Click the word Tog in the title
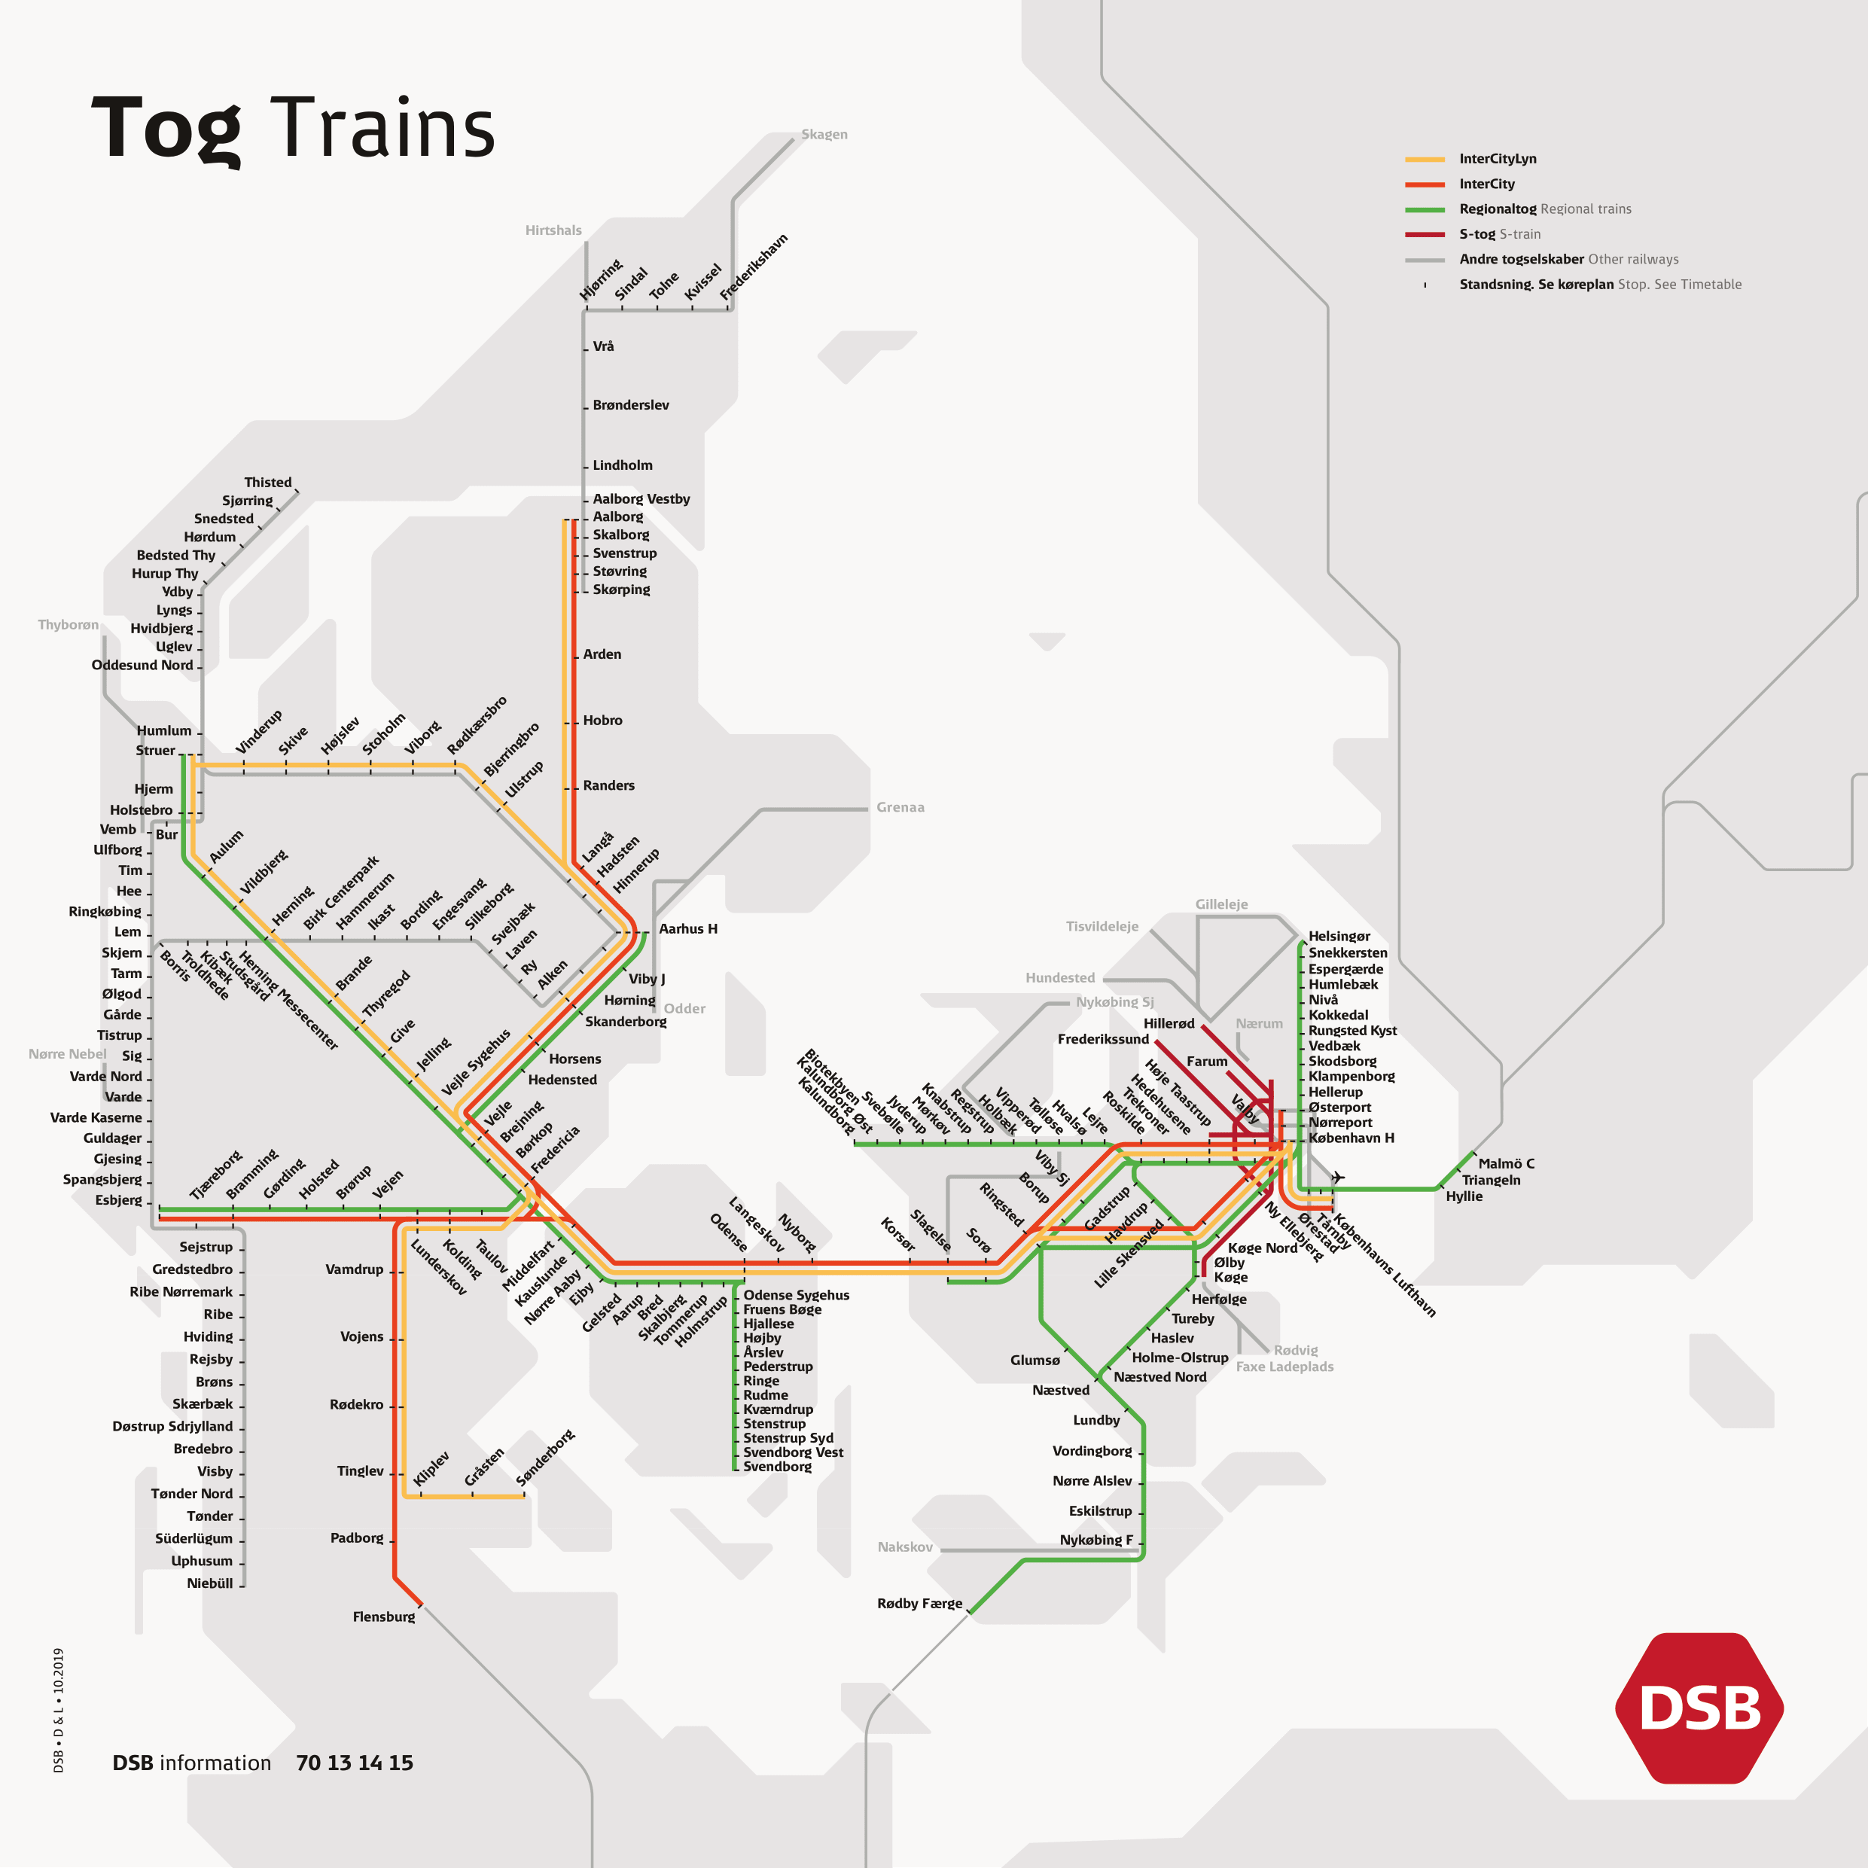[x=166, y=129]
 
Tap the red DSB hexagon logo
[x=1699, y=1708]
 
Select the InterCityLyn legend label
[x=1497, y=159]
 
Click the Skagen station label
[x=824, y=134]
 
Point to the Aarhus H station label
[x=687, y=928]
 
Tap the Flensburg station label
[x=383, y=1617]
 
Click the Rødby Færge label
[x=919, y=1603]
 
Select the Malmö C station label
[x=1505, y=1163]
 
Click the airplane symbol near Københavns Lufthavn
[x=1337, y=1177]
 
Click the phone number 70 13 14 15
[x=354, y=1763]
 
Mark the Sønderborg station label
[x=544, y=1458]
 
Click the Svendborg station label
[x=776, y=1467]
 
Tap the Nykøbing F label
[x=1096, y=1539]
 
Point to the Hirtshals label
[x=553, y=230]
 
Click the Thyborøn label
[x=68, y=625]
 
